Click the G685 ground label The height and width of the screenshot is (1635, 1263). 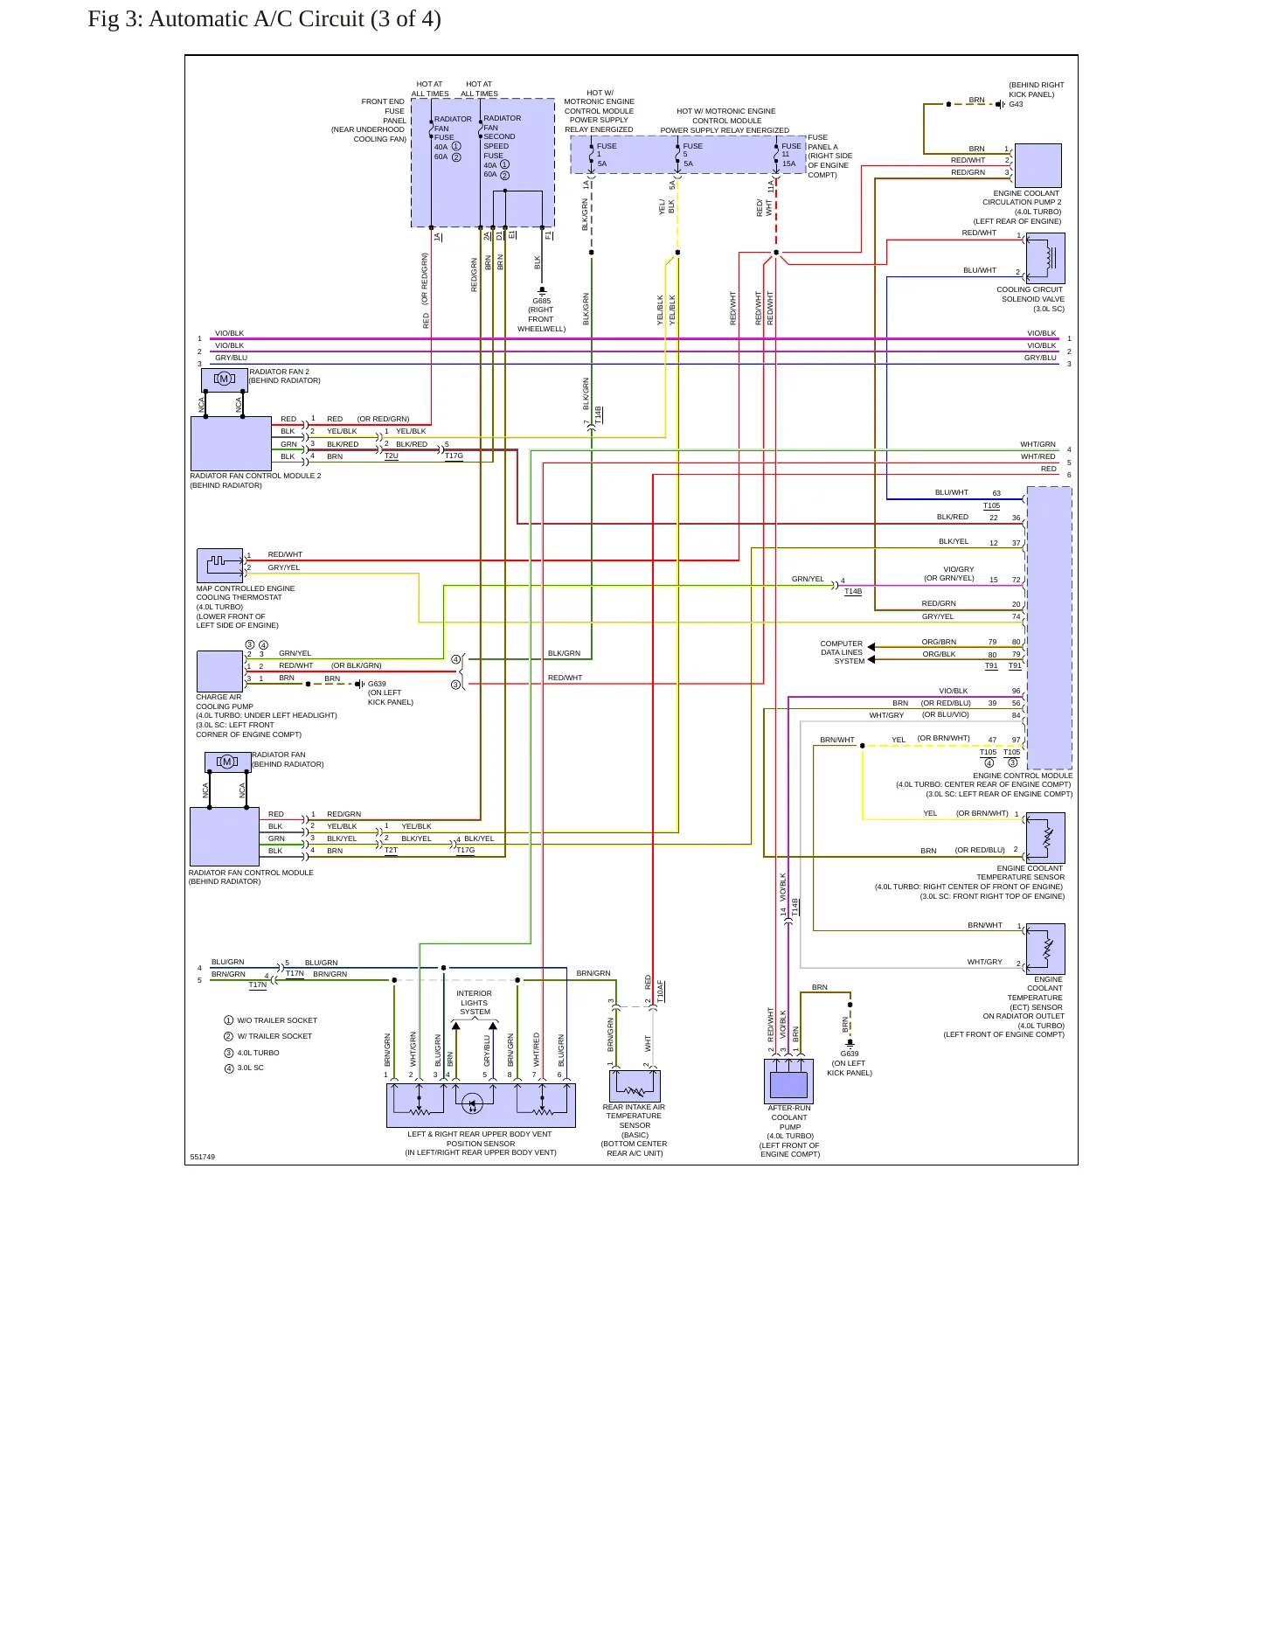click(541, 301)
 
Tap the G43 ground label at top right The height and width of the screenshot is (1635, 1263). click(1016, 104)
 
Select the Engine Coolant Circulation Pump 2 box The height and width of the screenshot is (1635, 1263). click(1038, 165)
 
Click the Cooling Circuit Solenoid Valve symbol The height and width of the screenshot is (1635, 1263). click(1045, 258)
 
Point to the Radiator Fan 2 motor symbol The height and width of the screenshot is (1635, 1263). click(225, 379)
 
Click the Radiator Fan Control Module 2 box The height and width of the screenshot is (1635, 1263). click(232, 443)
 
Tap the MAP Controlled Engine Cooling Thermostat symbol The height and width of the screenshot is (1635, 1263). click(220, 565)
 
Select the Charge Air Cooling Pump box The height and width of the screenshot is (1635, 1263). click(220, 671)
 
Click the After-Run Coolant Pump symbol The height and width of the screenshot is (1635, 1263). click(788, 1082)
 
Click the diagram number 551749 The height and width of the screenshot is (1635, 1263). click(202, 1157)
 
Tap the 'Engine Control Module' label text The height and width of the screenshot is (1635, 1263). click(1023, 776)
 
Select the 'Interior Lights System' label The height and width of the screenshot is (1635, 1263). click(475, 1003)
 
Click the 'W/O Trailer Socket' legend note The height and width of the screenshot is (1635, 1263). click(277, 1020)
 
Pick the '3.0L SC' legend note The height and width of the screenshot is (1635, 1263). click(250, 1068)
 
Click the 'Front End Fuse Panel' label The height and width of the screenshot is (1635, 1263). click(383, 111)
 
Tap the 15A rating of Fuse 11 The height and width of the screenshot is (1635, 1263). click(788, 163)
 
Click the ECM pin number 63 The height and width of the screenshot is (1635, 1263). click(996, 493)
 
